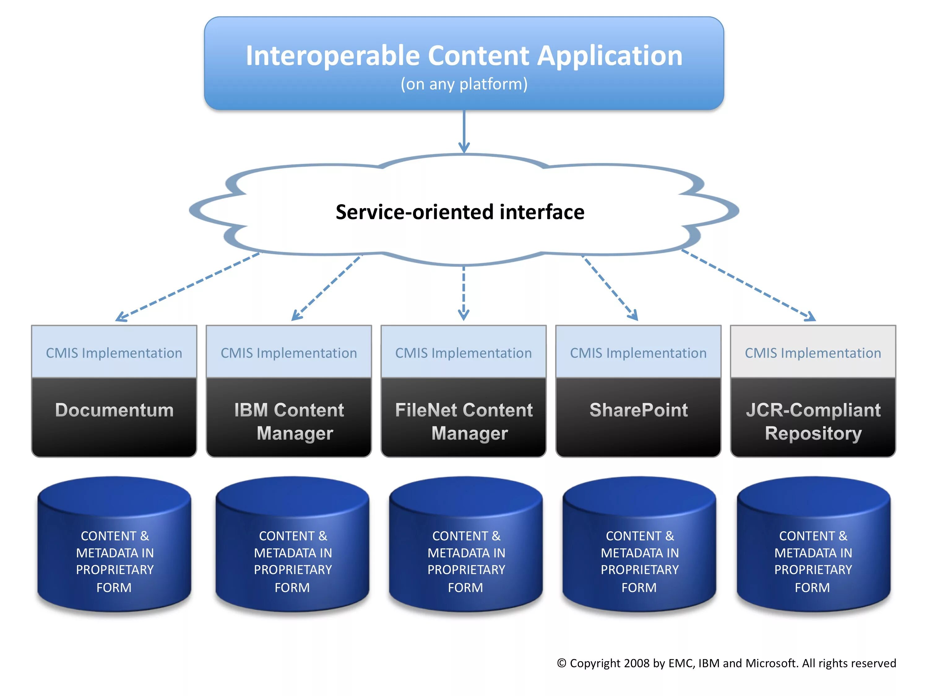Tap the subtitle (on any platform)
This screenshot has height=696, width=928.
pos(464,84)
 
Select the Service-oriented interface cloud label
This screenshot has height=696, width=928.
pos(460,212)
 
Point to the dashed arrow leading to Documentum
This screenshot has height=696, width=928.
pos(188,287)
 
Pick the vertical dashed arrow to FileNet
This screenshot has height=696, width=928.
pos(464,293)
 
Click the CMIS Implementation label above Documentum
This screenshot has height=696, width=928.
pos(114,353)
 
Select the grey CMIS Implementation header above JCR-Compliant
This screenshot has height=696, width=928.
pos(813,352)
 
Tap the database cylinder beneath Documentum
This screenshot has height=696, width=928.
pos(114,544)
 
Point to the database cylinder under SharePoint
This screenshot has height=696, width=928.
pos(639,544)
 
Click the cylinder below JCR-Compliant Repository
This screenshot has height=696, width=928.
pos(814,544)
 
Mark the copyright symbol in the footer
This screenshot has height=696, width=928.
pos(562,663)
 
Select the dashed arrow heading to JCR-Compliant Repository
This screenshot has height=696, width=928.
pos(749,285)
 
